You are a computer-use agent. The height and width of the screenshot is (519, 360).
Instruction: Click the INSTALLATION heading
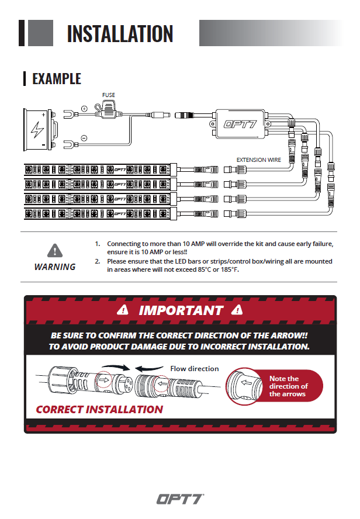tap(120, 33)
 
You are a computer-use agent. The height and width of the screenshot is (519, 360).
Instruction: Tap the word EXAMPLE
tap(57, 78)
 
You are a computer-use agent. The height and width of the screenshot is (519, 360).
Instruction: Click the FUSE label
tap(109, 95)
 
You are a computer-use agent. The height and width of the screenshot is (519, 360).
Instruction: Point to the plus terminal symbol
tap(84, 108)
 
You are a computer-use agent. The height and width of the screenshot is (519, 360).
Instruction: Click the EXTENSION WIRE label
tap(259, 159)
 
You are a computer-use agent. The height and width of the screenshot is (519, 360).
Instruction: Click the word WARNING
tap(55, 267)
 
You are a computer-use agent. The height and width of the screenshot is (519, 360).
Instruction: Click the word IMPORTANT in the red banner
tap(181, 310)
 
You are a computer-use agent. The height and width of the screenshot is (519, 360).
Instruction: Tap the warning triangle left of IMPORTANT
tap(122, 310)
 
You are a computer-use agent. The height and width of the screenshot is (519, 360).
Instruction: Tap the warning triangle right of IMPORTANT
tap(237, 310)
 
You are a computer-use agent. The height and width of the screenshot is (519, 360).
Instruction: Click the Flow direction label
tap(194, 368)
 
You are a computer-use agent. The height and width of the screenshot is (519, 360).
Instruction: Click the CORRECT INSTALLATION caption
tap(99, 409)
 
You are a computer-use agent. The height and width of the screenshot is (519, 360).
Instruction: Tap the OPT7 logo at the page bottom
tap(179, 499)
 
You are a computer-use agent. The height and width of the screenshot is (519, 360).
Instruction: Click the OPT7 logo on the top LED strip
tap(118, 169)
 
